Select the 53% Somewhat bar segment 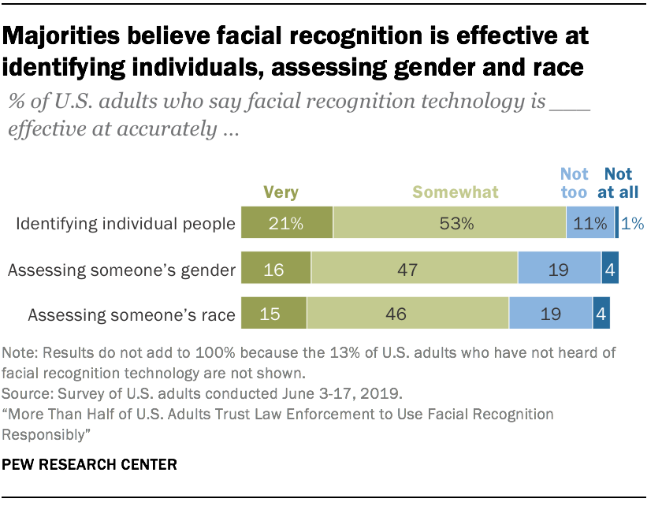coord(449,224)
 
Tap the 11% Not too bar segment coord(589,224)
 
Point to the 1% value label coord(632,224)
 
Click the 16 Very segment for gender coord(276,270)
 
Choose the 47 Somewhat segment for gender coord(415,270)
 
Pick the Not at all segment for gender coord(610,270)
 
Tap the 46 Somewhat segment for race coord(407,314)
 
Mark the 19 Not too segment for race coord(550,314)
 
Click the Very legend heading coord(281,192)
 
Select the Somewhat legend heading coord(456,192)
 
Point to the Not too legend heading coord(575,182)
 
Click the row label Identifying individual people coord(126,224)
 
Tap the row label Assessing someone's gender coord(121,270)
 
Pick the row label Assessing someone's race coord(132,315)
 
